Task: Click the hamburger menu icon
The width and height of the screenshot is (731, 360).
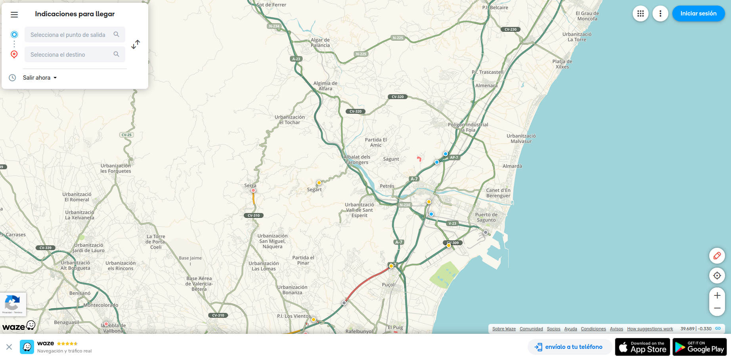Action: coord(14,15)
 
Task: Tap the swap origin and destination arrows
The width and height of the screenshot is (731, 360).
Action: coord(136,44)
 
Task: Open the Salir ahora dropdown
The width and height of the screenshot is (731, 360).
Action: coord(40,78)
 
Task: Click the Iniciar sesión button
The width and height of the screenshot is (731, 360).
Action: coord(698,13)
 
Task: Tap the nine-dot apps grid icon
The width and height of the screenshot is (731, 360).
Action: coord(640,13)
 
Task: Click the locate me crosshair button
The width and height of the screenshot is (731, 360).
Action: coord(717,276)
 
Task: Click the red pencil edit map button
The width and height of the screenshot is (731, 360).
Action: coord(717,256)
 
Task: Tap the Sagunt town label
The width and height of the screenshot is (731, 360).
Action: coord(391,159)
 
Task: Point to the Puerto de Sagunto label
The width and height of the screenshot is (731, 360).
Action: coord(486,217)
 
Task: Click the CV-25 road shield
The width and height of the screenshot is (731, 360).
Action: coord(126,135)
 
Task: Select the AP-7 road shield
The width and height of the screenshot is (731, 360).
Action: coord(454,157)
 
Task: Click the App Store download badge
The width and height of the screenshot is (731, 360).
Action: coord(642,347)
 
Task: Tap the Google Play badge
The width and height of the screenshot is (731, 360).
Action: coord(700,347)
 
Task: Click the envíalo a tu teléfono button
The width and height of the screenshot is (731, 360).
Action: coord(569,347)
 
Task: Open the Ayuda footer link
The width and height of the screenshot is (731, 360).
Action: coord(570,329)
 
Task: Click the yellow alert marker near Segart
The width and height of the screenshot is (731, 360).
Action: coord(319,183)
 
